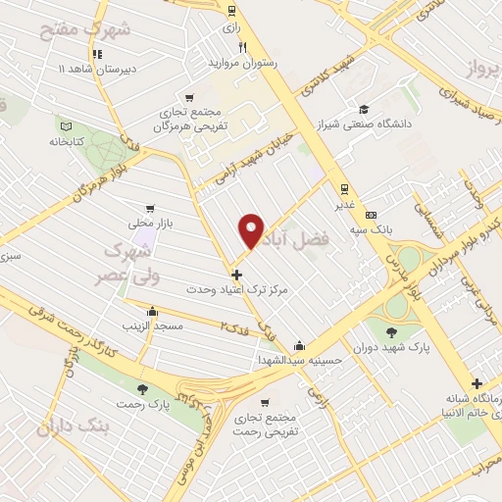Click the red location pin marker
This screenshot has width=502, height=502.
click(252, 229)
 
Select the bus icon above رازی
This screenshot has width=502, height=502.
click(231, 12)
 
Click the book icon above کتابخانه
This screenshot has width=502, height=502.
click(67, 125)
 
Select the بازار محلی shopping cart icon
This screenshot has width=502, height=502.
click(149, 208)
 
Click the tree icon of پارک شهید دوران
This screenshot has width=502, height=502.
click(393, 331)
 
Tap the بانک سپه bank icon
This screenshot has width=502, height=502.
click(370, 215)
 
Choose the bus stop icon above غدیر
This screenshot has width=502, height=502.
click(343, 189)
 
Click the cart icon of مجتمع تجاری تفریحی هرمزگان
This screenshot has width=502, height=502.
click(189, 97)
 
